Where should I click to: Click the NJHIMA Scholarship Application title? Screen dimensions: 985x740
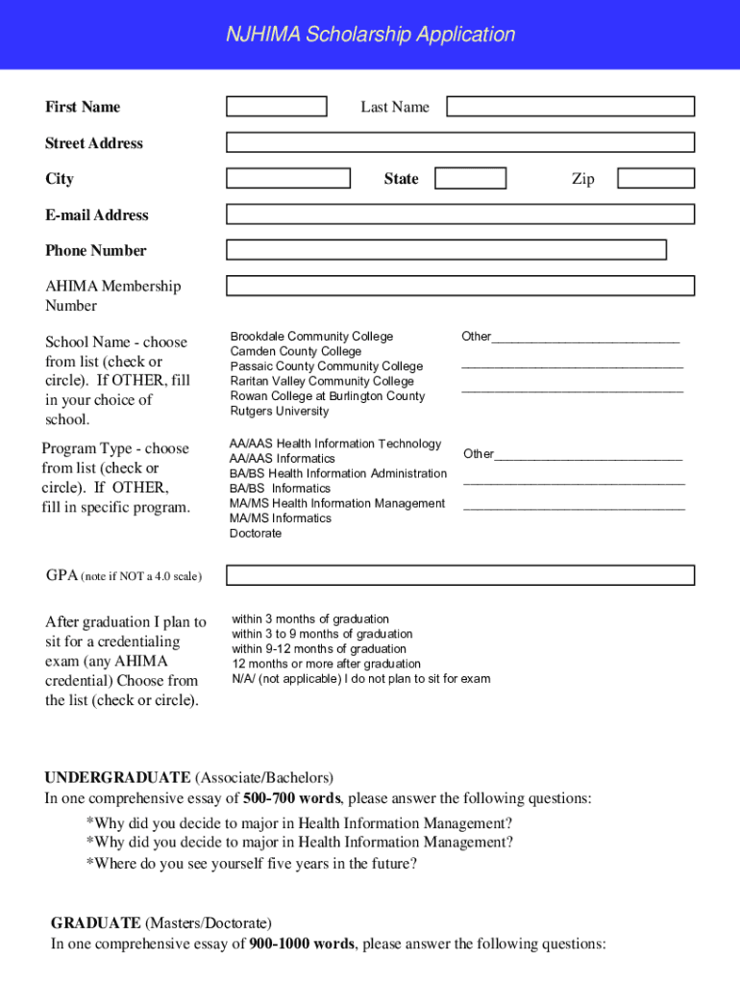(x=370, y=35)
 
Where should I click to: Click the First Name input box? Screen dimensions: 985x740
(x=277, y=106)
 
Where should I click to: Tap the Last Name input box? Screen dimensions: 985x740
(x=570, y=106)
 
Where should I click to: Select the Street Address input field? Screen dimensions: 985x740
(x=459, y=142)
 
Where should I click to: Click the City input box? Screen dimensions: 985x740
(x=288, y=178)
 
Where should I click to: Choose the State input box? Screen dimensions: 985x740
(x=470, y=178)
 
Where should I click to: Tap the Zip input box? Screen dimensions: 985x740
(x=655, y=178)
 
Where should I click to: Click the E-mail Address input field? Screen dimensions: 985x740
(x=459, y=214)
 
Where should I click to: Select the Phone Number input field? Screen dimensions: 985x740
(x=446, y=250)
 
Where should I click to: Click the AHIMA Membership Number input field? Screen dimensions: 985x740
(x=459, y=286)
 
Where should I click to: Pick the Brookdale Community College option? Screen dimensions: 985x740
(x=311, y=337)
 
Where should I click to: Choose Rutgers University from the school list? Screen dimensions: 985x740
(x=279, y=412)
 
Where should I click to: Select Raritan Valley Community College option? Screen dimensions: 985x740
(x=322, y=382)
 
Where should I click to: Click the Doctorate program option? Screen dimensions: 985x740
(x=256, y=534)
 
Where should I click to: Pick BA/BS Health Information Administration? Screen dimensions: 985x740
(x=337, y=474)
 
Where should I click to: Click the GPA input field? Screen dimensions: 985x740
(x=459, y=575)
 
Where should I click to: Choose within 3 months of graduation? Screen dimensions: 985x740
(x=310, y=619)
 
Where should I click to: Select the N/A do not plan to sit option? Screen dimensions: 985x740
(x=360, y=679)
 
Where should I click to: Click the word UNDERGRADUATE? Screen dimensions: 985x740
(x=118, y=777)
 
